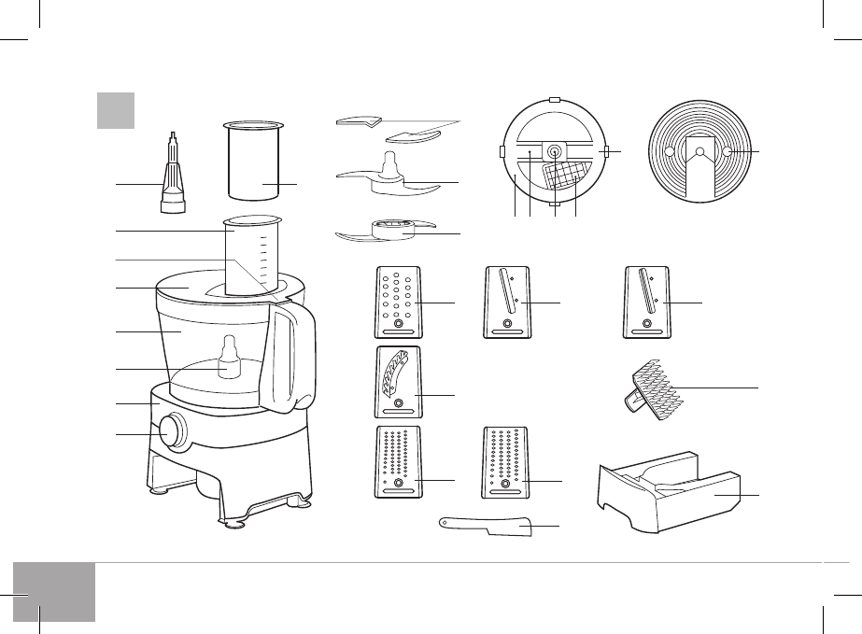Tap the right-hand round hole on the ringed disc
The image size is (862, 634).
(728, 153)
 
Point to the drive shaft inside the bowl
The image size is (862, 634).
(230, 359)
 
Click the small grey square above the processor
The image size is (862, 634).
(117, 110)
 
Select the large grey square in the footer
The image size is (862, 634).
(55, 592)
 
